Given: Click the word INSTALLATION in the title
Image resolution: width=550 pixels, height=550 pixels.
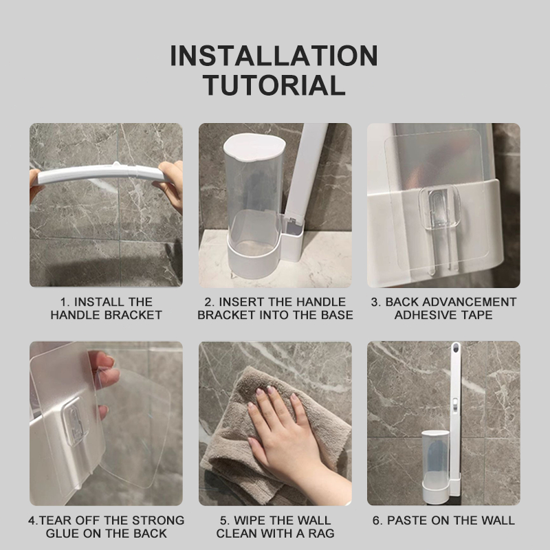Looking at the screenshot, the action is (274, 56).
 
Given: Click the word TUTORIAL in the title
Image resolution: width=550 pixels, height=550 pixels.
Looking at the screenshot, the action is (274, 85).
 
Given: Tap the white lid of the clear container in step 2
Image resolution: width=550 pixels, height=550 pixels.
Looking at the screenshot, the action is (254, 147).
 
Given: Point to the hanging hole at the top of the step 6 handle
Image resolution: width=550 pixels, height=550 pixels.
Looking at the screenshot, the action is (455, 349).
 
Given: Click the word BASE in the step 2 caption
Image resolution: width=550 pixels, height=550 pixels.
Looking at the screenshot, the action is (337, 315).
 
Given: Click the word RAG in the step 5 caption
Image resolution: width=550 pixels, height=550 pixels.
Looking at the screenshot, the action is (321, 533).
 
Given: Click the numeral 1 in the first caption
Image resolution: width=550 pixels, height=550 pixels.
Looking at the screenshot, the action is (63, 302).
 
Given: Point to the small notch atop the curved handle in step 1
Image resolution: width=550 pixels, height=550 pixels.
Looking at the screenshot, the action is (115, 164).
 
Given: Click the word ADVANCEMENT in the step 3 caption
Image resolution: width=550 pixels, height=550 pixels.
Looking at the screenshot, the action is (450, 302).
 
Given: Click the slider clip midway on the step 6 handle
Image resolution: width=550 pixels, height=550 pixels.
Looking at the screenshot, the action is (454, 404).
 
